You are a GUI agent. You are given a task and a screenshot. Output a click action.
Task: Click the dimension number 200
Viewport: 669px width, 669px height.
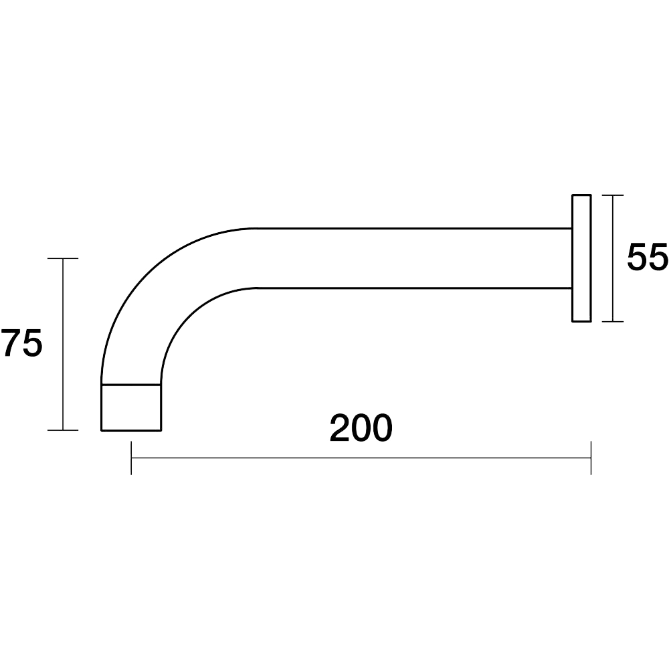[361, 428]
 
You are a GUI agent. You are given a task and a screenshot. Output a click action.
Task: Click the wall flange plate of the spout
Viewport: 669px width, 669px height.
[581, 258]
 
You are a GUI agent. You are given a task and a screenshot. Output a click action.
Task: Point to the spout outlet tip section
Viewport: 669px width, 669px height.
[131, 407]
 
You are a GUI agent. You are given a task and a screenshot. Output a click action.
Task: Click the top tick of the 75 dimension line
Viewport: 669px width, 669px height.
[63, 258]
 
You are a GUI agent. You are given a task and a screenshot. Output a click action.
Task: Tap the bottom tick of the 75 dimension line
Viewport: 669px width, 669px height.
[63, 430]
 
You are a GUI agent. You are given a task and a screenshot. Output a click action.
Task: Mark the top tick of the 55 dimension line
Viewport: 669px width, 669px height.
[613, 195]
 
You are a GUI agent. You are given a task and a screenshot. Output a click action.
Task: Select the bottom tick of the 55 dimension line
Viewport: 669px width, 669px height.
[613, 321]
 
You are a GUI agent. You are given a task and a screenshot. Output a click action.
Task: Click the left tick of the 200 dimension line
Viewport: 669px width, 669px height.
[131, 458]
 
